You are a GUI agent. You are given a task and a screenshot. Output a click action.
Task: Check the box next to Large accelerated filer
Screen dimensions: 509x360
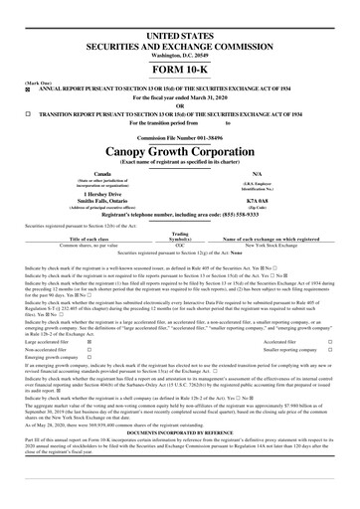129,341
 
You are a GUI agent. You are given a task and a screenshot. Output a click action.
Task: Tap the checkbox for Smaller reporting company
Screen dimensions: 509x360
329,350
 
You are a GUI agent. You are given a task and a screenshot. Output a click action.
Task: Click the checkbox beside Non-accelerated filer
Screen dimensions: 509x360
129,350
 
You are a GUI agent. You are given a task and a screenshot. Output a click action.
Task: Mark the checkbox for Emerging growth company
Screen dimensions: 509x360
129,359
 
